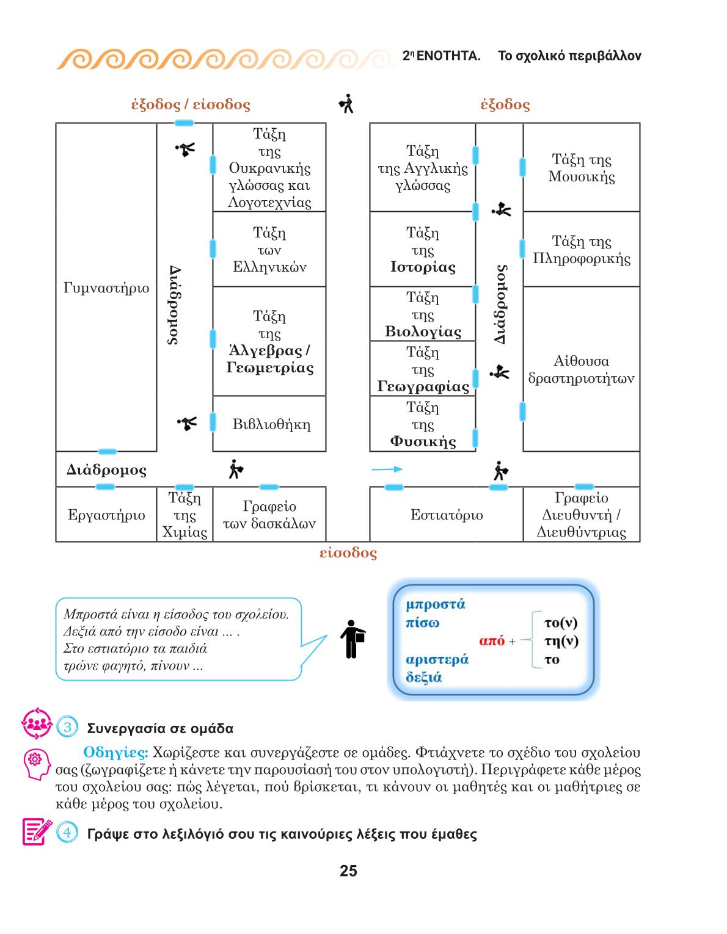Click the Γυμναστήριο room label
coord(106,288)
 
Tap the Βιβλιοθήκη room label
coord(271,425)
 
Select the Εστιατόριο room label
coord(447,515)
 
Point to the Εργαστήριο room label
coord(106,515)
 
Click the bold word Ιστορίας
coord(423,267)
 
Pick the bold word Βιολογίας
coord(423,332)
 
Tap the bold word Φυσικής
coord(423,441)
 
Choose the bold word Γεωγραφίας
coord(423,386)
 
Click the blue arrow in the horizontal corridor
coord(387,469)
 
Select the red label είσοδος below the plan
coord(348,552)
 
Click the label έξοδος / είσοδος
coord(191,104)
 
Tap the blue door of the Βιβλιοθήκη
coord(213,422)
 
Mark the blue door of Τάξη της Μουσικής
coord(522,167)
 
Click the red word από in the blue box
coord(492,641)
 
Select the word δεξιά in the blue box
coord(424,678)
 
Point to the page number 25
coord(348,871)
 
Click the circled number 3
coord(68,727)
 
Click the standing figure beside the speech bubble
coord(353,639)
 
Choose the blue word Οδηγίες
coord(115,752)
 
